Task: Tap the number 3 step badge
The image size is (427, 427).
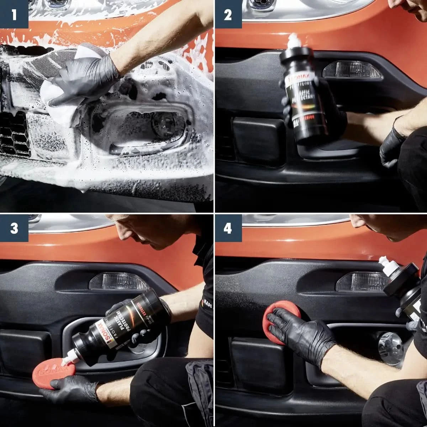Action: (x=14, y=228)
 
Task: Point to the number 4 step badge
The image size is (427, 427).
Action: (x=228, y=228)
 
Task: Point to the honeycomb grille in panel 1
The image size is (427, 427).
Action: (x=14, y=133)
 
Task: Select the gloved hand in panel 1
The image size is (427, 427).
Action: (x=85, y=82)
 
